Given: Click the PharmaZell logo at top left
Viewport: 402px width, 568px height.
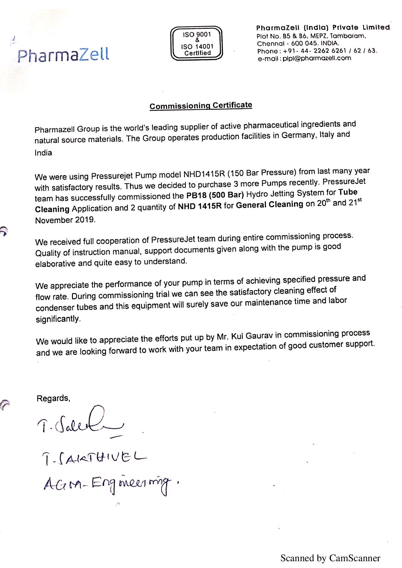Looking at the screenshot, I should pos(64,55).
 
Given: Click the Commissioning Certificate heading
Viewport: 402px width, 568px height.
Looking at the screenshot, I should pos(201,106).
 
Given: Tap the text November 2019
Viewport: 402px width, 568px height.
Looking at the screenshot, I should pos(65,220).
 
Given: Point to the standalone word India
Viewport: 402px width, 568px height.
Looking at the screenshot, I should pos(43,153).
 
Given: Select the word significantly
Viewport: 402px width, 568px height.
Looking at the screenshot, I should pos(58,319).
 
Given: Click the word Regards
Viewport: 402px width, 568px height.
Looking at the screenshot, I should pos(53,398).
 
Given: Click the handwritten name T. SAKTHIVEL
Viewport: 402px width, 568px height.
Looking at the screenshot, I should pos(94,458).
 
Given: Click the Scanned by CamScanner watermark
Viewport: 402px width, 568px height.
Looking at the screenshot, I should pos(330,558).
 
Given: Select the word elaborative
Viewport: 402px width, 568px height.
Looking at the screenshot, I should pos(56,263).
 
